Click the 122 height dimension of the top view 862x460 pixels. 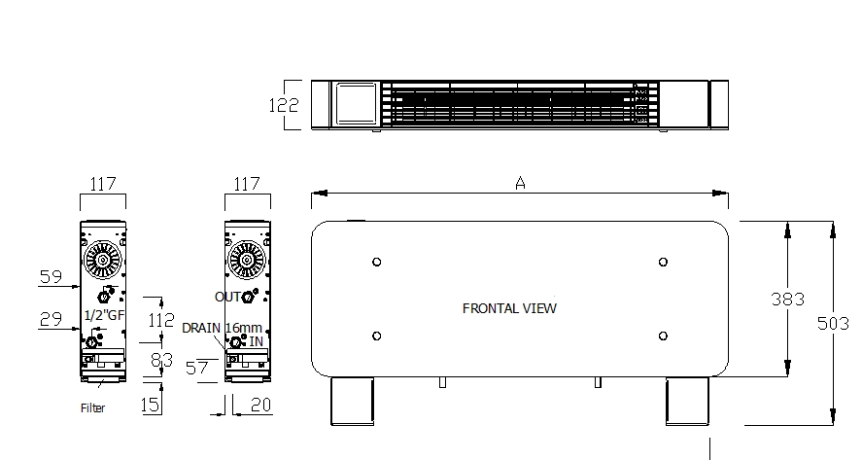(x=284, y=104)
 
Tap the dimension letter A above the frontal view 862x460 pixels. (x=521, y=183)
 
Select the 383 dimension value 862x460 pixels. (x=788, y=300)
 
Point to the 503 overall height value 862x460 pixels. (x=834, y=323)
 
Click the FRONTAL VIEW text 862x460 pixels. (x=509, y=308)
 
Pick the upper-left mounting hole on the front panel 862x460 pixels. (x=377, y=262)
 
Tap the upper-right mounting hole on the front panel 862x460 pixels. (x=663, y=262)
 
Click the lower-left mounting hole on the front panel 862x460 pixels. (x=377, y=336)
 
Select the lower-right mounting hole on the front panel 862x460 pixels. (x=663, y=336)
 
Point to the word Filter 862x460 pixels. (x=92, y=408)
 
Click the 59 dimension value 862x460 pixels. (x=52, y=277)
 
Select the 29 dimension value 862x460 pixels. (x=52, y=318)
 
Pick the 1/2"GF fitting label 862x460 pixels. (x=104, y=316)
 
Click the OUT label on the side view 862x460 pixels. (x=228, y=296)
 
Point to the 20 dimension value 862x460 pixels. (x=259, y=405)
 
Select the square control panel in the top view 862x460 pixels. (x=354, y=104)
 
